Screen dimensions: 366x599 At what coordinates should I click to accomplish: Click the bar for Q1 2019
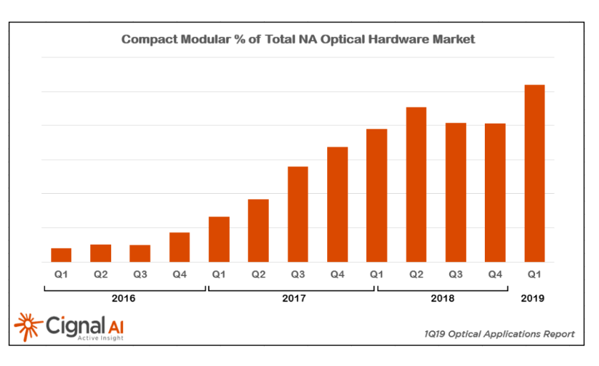(534, 174)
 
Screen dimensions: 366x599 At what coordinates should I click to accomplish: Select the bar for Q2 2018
(416, 184)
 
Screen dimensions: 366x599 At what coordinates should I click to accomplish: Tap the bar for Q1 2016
(61, 255)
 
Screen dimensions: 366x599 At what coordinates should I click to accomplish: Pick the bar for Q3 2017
(298, 214)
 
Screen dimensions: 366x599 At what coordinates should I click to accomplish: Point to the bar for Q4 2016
(180, 247)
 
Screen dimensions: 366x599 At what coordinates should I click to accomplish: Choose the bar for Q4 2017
(337, 204)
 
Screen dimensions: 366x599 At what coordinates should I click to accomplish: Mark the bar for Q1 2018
(377, 195)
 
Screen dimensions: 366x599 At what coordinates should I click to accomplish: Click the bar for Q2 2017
(258, 230)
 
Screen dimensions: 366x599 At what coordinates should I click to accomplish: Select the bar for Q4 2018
(495, 192)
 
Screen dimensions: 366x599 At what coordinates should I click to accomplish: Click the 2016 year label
(124, 298)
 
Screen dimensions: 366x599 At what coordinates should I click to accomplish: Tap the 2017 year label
(294, 298)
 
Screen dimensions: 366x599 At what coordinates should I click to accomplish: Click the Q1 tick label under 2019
(534, 274)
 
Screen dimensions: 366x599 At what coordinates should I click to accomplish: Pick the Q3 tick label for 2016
(140, 274)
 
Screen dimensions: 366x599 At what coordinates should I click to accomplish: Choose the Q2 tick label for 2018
(416, 274)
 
